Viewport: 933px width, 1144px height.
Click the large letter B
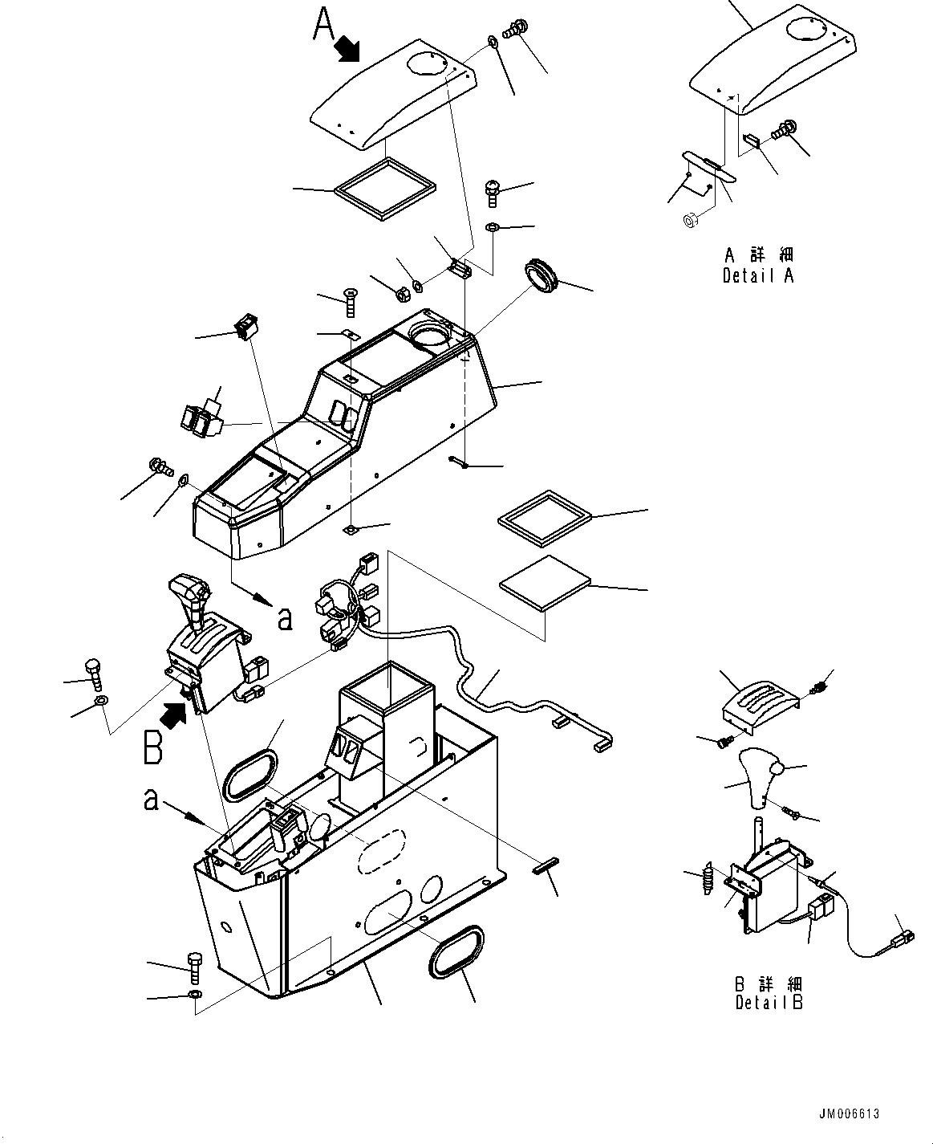[x=154, y=746]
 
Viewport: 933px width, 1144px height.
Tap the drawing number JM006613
[x=850, y=1113]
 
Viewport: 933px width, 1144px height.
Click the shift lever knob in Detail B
[x=755, y=776]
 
